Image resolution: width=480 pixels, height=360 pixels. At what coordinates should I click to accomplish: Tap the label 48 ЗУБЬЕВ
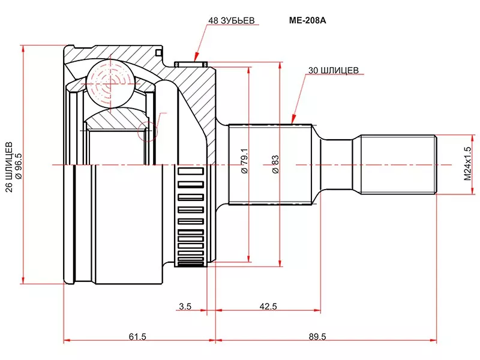pyautogui.click(x=231, y=20)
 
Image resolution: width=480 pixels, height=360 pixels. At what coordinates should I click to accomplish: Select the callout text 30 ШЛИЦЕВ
pyautogui.click(x=333, y=70)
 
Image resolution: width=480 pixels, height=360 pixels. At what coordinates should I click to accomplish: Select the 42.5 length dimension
pyautogui.click(x=268, y=307)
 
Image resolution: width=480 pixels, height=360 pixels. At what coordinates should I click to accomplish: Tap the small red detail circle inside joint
pyautogui.click(x=147, y=130)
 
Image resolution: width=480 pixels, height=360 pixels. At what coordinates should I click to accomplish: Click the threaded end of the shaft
pyautogui.click(x=397, y=164)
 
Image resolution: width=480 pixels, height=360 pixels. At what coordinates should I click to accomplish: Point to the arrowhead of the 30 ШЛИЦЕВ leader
pyautogui.click(x=292, y=122)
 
